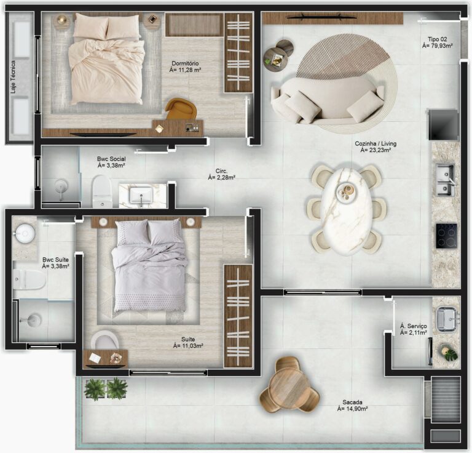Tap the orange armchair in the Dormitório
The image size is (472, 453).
tap(181, 109)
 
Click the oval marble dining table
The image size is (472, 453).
tap(346, 209)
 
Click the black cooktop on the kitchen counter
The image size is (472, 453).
tap(446, 236)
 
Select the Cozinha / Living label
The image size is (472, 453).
tap(375, 146)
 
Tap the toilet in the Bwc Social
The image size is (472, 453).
tap(101, 192)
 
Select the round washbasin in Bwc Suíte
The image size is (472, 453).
tap(25, 232)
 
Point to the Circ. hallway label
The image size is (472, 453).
tap(222, 175)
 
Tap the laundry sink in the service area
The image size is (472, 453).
tap(446, 318)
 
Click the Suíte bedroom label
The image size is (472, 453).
tap(188, 342)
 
